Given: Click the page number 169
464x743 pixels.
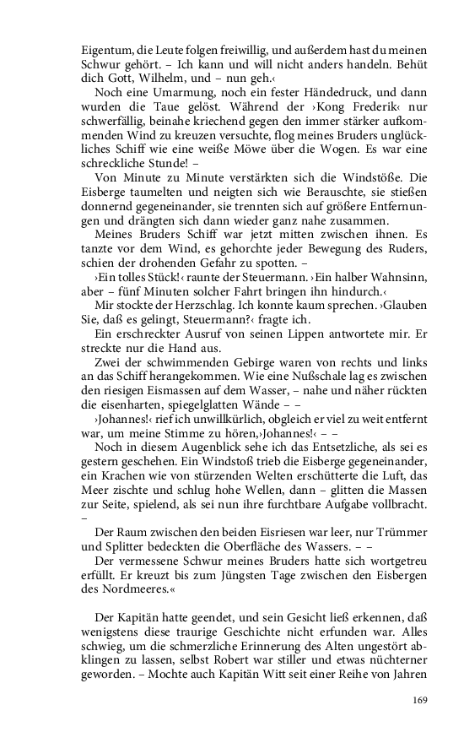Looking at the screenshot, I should [x=420, y=698].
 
